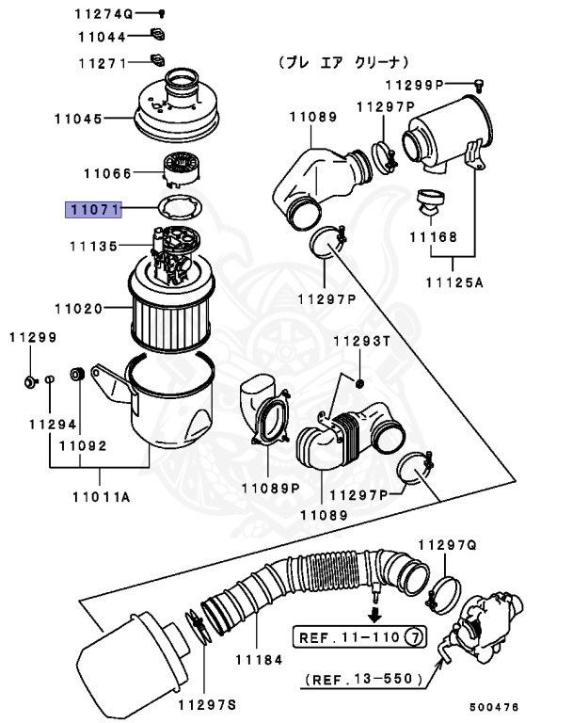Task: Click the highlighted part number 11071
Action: pos(93,210)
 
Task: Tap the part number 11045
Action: pos(78,119)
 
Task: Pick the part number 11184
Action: pos(259,660)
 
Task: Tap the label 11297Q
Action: pos(448,544)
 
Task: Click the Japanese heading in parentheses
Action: pos(342,62)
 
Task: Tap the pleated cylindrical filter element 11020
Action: pos(171,311)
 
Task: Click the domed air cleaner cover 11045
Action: pos(175,113)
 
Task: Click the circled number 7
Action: pos(414,637)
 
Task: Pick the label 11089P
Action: pos(269,488)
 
